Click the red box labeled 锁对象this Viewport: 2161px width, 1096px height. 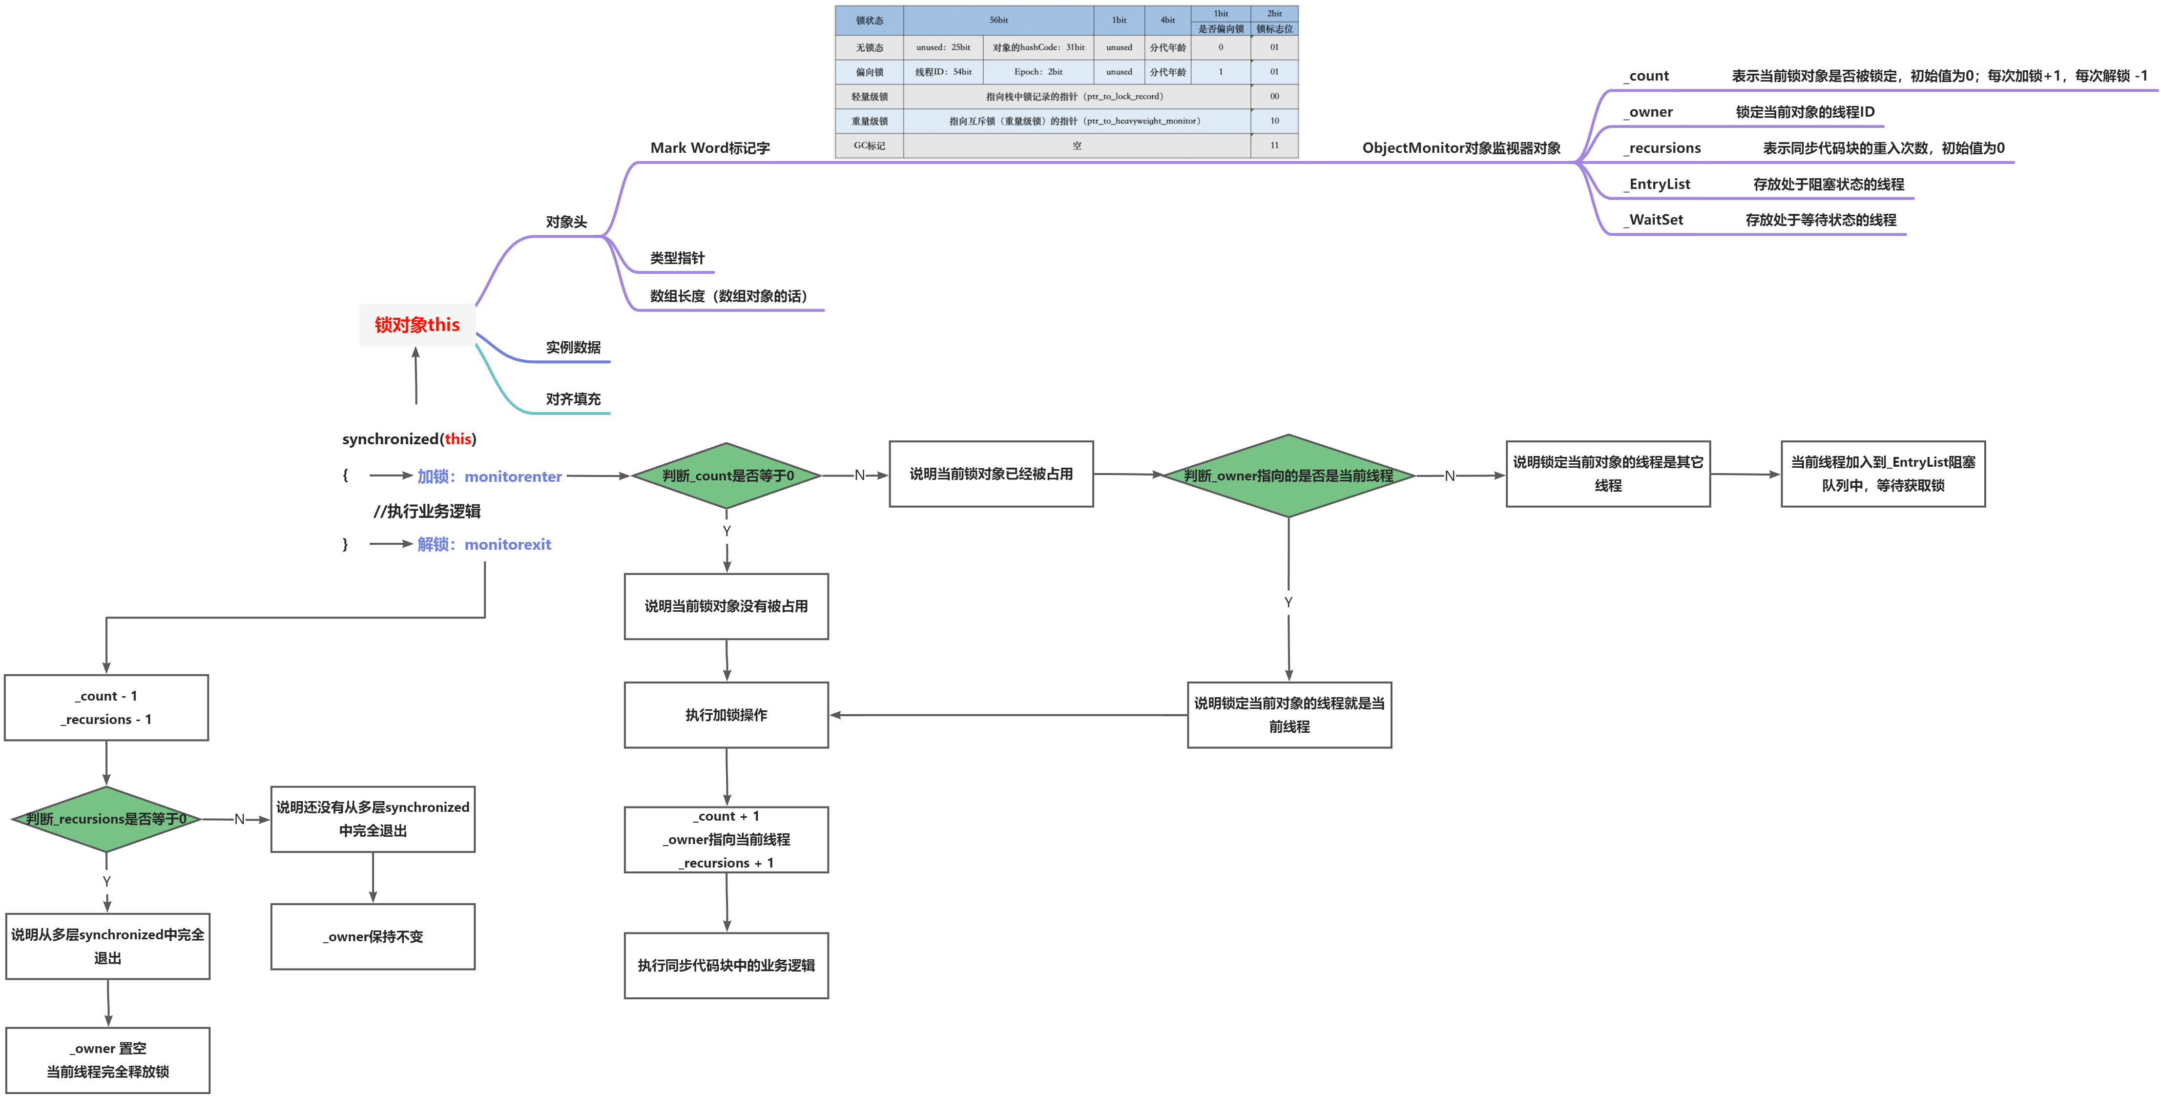[x=417, y=325]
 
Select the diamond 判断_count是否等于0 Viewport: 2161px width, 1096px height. [x=727, y=476]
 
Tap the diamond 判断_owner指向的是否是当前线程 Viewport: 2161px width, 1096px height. [x=1288, y=476]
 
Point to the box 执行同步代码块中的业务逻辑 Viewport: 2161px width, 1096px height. [x=727, y=965]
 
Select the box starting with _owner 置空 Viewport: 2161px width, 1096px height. [x=108, y=1060]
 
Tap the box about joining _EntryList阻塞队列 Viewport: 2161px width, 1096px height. [x=1883, y=474]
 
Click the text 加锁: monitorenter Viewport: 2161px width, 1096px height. [x=489, y=476]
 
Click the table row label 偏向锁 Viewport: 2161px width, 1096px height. [x=869, y=72]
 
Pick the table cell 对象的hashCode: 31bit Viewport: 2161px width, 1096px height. [x=1039, y=48]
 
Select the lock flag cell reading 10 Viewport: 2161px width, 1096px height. [x=1274, y=121]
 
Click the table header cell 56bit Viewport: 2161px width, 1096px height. [x=998, y=20]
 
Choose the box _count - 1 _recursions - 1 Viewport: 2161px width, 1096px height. [x=106, y=708]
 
